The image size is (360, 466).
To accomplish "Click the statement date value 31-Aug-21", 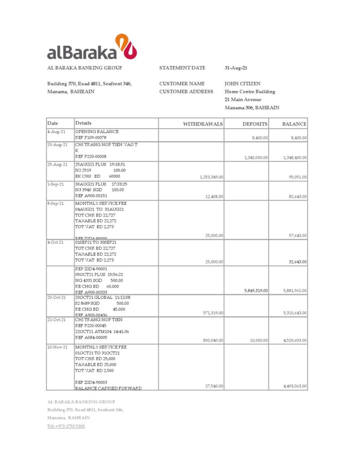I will [x=236, y=68].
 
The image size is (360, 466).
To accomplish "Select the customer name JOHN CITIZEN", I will [x=243, y=84].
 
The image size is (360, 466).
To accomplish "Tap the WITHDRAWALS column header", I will [x=203, y=124].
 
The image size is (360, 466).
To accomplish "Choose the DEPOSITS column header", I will [x=255, y=124].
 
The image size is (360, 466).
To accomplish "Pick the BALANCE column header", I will [x=294, y=124].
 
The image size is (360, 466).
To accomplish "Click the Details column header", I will [x=83, y=123].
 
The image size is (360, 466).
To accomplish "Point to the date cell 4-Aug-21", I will [x=56, y=132].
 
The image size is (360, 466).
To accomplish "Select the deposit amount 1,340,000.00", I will [x=256, y=158].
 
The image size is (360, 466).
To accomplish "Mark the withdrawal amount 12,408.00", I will [x=214, y=197].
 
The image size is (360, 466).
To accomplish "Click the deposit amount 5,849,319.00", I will [x=256, y=290].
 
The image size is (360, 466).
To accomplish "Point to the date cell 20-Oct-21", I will [x=57, y=297].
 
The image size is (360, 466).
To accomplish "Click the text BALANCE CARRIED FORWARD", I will [x=108, y=388].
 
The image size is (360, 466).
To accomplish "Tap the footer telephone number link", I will [x=66, y=426].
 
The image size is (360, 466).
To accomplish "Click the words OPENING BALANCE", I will [x=97, y=132].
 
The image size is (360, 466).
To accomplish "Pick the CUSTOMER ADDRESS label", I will [x=186, y=91].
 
